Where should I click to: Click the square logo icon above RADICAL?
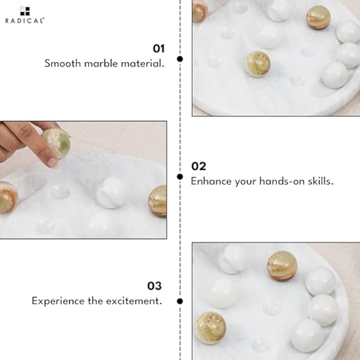point(25,11)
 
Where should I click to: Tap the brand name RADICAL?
point(25,21)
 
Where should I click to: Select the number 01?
point(159,49)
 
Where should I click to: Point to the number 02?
point(199,166)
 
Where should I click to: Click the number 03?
point(154,286)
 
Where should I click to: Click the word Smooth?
point(62,64)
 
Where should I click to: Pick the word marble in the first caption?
point(102,64)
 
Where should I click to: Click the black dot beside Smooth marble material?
point(180,59)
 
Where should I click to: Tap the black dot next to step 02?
point(180,176)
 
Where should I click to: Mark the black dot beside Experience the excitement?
point(180,301)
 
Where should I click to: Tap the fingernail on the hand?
point(52,162)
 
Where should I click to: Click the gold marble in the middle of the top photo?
point(258,64)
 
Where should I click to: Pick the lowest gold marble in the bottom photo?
point(211,327)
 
